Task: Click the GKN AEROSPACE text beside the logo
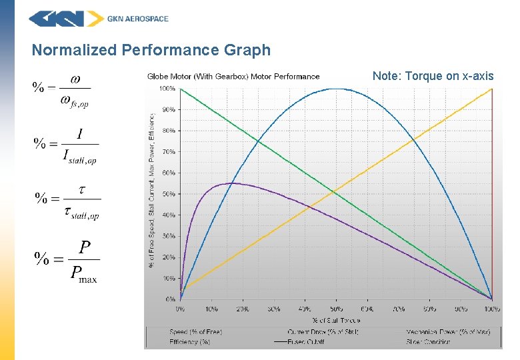click(138, 19)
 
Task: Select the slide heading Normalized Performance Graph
click(151, 50)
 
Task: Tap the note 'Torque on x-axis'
click(433, 76)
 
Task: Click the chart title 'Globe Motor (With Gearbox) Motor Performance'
click(233, 77)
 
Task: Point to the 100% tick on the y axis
click(167, 88)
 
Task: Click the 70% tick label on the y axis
click(169, 152)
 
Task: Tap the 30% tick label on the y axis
click(169, 236)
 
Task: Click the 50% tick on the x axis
click(336, 309)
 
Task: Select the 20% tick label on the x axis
click(242, 309)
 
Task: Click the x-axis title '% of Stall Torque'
click(336, 320)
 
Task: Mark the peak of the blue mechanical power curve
click(337, 89)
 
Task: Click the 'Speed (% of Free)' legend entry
click(195, 332)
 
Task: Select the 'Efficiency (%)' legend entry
click(190, 341)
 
